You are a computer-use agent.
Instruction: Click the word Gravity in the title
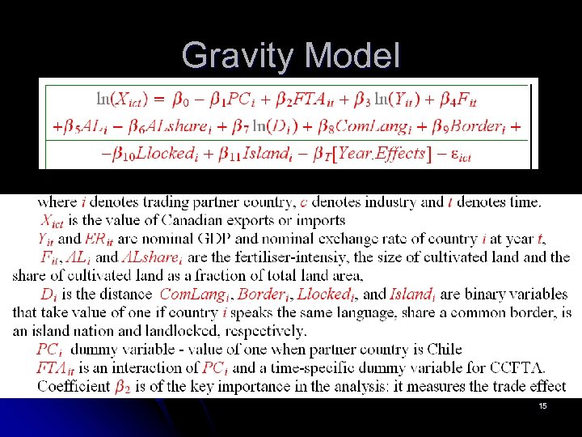(234, 56)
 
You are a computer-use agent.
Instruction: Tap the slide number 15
(542, 405)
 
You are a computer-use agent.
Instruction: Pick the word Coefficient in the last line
(73, 386)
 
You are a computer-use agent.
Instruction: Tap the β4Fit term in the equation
(459, 100)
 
